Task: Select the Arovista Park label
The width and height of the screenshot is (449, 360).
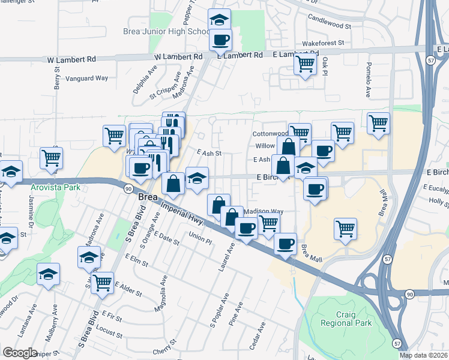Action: (56, 187)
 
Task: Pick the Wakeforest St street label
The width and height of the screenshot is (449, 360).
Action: (323, 43)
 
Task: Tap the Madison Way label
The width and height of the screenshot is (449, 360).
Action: (264, 211)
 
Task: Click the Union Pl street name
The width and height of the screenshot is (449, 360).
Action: (200, 240)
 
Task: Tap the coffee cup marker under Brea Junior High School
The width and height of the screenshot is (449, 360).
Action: (220, 40)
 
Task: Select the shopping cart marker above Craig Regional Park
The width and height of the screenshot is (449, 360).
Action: (345, 229)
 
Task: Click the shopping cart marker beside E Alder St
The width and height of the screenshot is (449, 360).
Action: (103, 281)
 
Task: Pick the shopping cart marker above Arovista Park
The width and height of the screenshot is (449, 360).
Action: (51, 158)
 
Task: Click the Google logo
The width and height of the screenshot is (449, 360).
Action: (20, 353)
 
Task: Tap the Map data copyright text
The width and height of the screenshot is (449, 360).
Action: (424, 355)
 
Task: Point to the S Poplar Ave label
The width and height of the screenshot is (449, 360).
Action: (220, 310)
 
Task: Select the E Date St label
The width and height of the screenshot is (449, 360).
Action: (166, 238)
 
